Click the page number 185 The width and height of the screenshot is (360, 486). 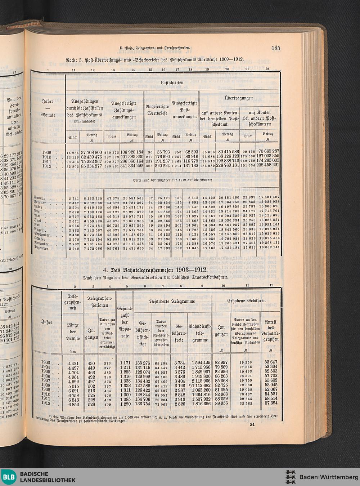276,48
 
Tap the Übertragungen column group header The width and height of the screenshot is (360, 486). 239,98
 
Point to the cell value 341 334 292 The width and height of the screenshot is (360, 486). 131,166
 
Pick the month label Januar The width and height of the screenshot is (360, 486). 40,198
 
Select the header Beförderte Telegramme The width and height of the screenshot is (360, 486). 172,301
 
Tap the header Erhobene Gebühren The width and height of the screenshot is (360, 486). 246,300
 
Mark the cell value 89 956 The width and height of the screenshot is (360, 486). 221,403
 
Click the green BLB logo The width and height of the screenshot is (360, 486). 9,477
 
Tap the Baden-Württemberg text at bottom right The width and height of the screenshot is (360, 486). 326,477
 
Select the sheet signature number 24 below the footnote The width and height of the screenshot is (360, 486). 252,424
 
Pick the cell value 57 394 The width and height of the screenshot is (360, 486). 271,403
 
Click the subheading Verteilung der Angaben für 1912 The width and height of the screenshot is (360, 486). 172,180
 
